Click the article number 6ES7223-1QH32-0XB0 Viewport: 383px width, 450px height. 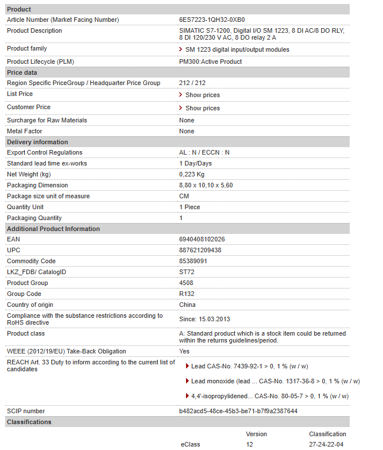click(211, 20)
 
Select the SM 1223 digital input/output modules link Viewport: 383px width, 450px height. click(237, 49)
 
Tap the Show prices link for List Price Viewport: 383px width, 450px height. click(202, 95)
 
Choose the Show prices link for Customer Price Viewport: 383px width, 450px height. click(202, 108)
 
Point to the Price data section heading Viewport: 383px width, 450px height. click(22, 72)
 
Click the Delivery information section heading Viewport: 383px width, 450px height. click(37, 142)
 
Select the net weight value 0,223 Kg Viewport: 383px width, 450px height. click(192, 174)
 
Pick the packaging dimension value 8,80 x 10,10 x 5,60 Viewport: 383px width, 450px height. click(206, 185)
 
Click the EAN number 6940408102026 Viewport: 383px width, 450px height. click(202, 239)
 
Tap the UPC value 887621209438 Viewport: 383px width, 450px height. click(200, 250)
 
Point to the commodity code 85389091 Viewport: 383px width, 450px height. click(193, 261)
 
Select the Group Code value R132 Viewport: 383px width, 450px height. click(187, 294)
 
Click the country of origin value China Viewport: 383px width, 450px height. click(187, 305)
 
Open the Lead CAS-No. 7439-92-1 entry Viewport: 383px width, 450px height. click(249, 366)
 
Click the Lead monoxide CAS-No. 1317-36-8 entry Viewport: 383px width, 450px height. click(275, 381)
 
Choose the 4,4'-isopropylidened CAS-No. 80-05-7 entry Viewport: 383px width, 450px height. click(269, 396)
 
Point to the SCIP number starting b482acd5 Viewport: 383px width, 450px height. click(238, 411)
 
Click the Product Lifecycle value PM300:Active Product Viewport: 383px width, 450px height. click(210, 61)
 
